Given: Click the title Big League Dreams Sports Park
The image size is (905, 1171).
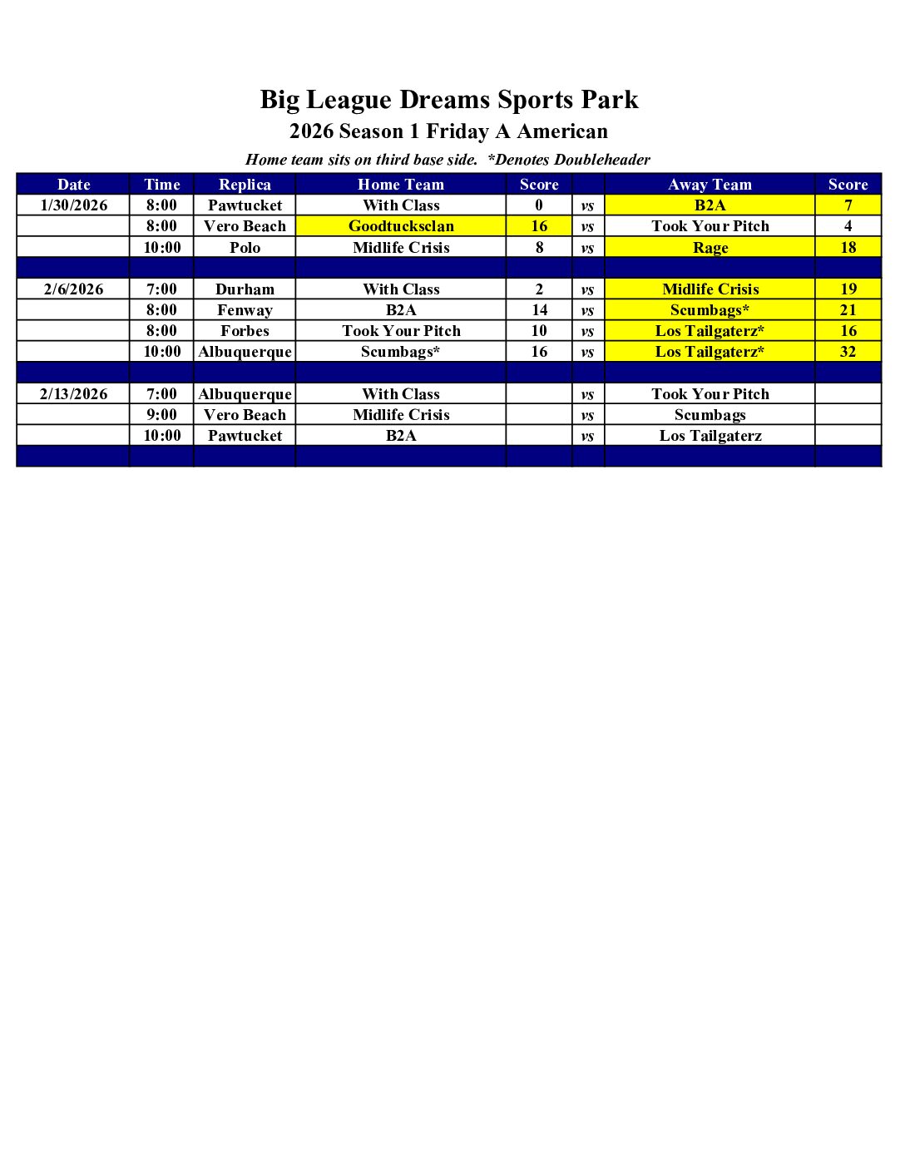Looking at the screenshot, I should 449,100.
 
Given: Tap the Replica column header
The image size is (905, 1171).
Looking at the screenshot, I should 245,185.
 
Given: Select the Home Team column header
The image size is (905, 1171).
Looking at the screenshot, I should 401,185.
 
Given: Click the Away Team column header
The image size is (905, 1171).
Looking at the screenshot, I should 710,185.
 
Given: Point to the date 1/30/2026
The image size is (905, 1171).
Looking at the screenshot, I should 74,205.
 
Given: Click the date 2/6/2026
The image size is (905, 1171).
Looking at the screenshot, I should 74,289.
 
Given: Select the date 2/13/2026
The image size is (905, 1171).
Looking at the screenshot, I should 74,394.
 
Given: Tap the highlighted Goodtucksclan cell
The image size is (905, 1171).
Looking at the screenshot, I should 401,226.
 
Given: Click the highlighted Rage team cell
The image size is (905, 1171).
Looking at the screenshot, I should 710,248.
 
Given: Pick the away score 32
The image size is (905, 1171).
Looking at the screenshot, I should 848,352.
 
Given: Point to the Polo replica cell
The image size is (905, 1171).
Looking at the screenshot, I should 245,248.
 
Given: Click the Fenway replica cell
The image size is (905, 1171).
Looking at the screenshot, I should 245,310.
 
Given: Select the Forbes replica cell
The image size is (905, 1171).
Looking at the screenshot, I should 245,331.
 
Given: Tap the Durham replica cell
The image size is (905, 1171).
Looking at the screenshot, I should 245,289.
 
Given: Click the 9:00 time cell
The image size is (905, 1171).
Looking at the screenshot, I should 161,415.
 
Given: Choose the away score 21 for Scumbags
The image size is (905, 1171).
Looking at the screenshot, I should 848,310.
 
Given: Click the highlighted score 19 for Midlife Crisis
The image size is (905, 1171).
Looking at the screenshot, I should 848,289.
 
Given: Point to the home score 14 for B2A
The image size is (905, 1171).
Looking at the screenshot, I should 539,310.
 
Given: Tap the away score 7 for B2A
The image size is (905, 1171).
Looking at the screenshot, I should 848,205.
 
